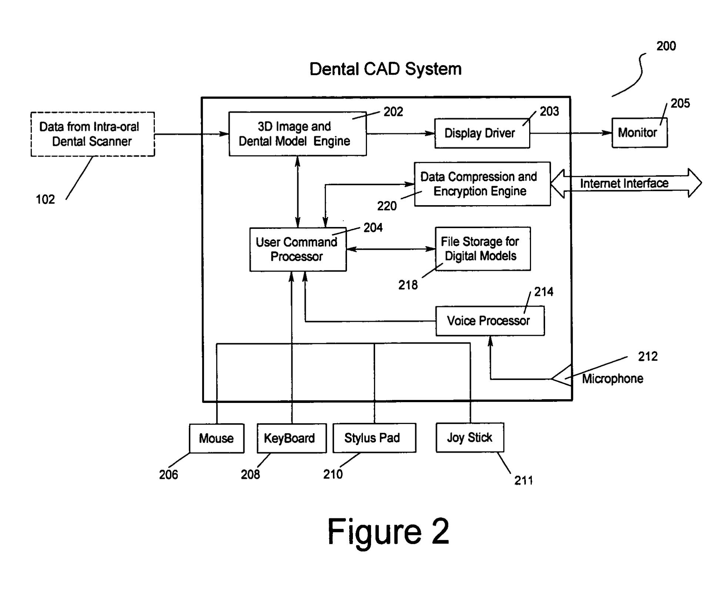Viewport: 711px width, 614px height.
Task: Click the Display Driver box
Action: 482,133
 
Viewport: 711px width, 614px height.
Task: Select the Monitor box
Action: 640,133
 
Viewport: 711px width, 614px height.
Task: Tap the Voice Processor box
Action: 490,321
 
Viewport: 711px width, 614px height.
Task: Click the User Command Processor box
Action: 298,249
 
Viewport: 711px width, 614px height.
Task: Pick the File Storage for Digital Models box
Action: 483,249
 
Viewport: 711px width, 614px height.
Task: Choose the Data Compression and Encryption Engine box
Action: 482,184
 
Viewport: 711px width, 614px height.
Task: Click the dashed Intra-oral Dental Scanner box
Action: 93,134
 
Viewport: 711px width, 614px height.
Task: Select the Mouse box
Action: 217,438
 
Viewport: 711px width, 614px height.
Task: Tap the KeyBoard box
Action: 291,438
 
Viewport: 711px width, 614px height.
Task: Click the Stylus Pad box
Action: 374,438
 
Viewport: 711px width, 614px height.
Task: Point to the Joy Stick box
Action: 470,437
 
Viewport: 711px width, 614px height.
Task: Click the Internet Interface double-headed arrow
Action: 626,183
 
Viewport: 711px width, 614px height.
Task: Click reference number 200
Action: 666,46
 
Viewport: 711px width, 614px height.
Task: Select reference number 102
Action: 45,200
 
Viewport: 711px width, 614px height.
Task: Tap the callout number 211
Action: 523,481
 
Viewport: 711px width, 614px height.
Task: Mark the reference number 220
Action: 387,206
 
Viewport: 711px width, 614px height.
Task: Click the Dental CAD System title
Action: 385,69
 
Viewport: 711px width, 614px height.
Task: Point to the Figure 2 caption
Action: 388,532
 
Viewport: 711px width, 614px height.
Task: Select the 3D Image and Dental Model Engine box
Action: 297,134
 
